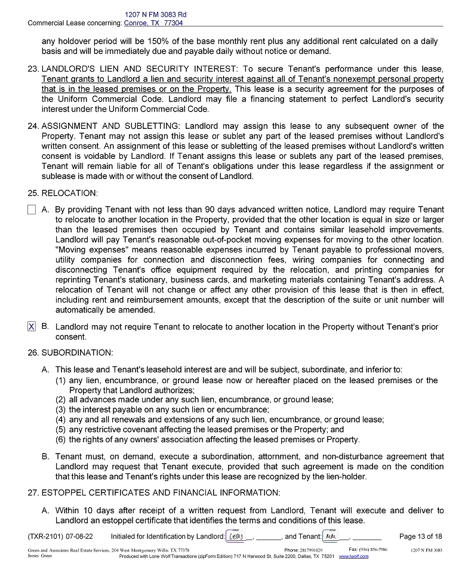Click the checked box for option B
point(32,326)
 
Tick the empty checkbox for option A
point(32,209)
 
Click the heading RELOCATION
point(69,193)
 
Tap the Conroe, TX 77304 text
point(153,23)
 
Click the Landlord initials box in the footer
point(236,536)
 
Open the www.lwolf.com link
point(353,556)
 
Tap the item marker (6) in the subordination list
point(61,440)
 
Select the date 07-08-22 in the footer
point(79,537)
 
